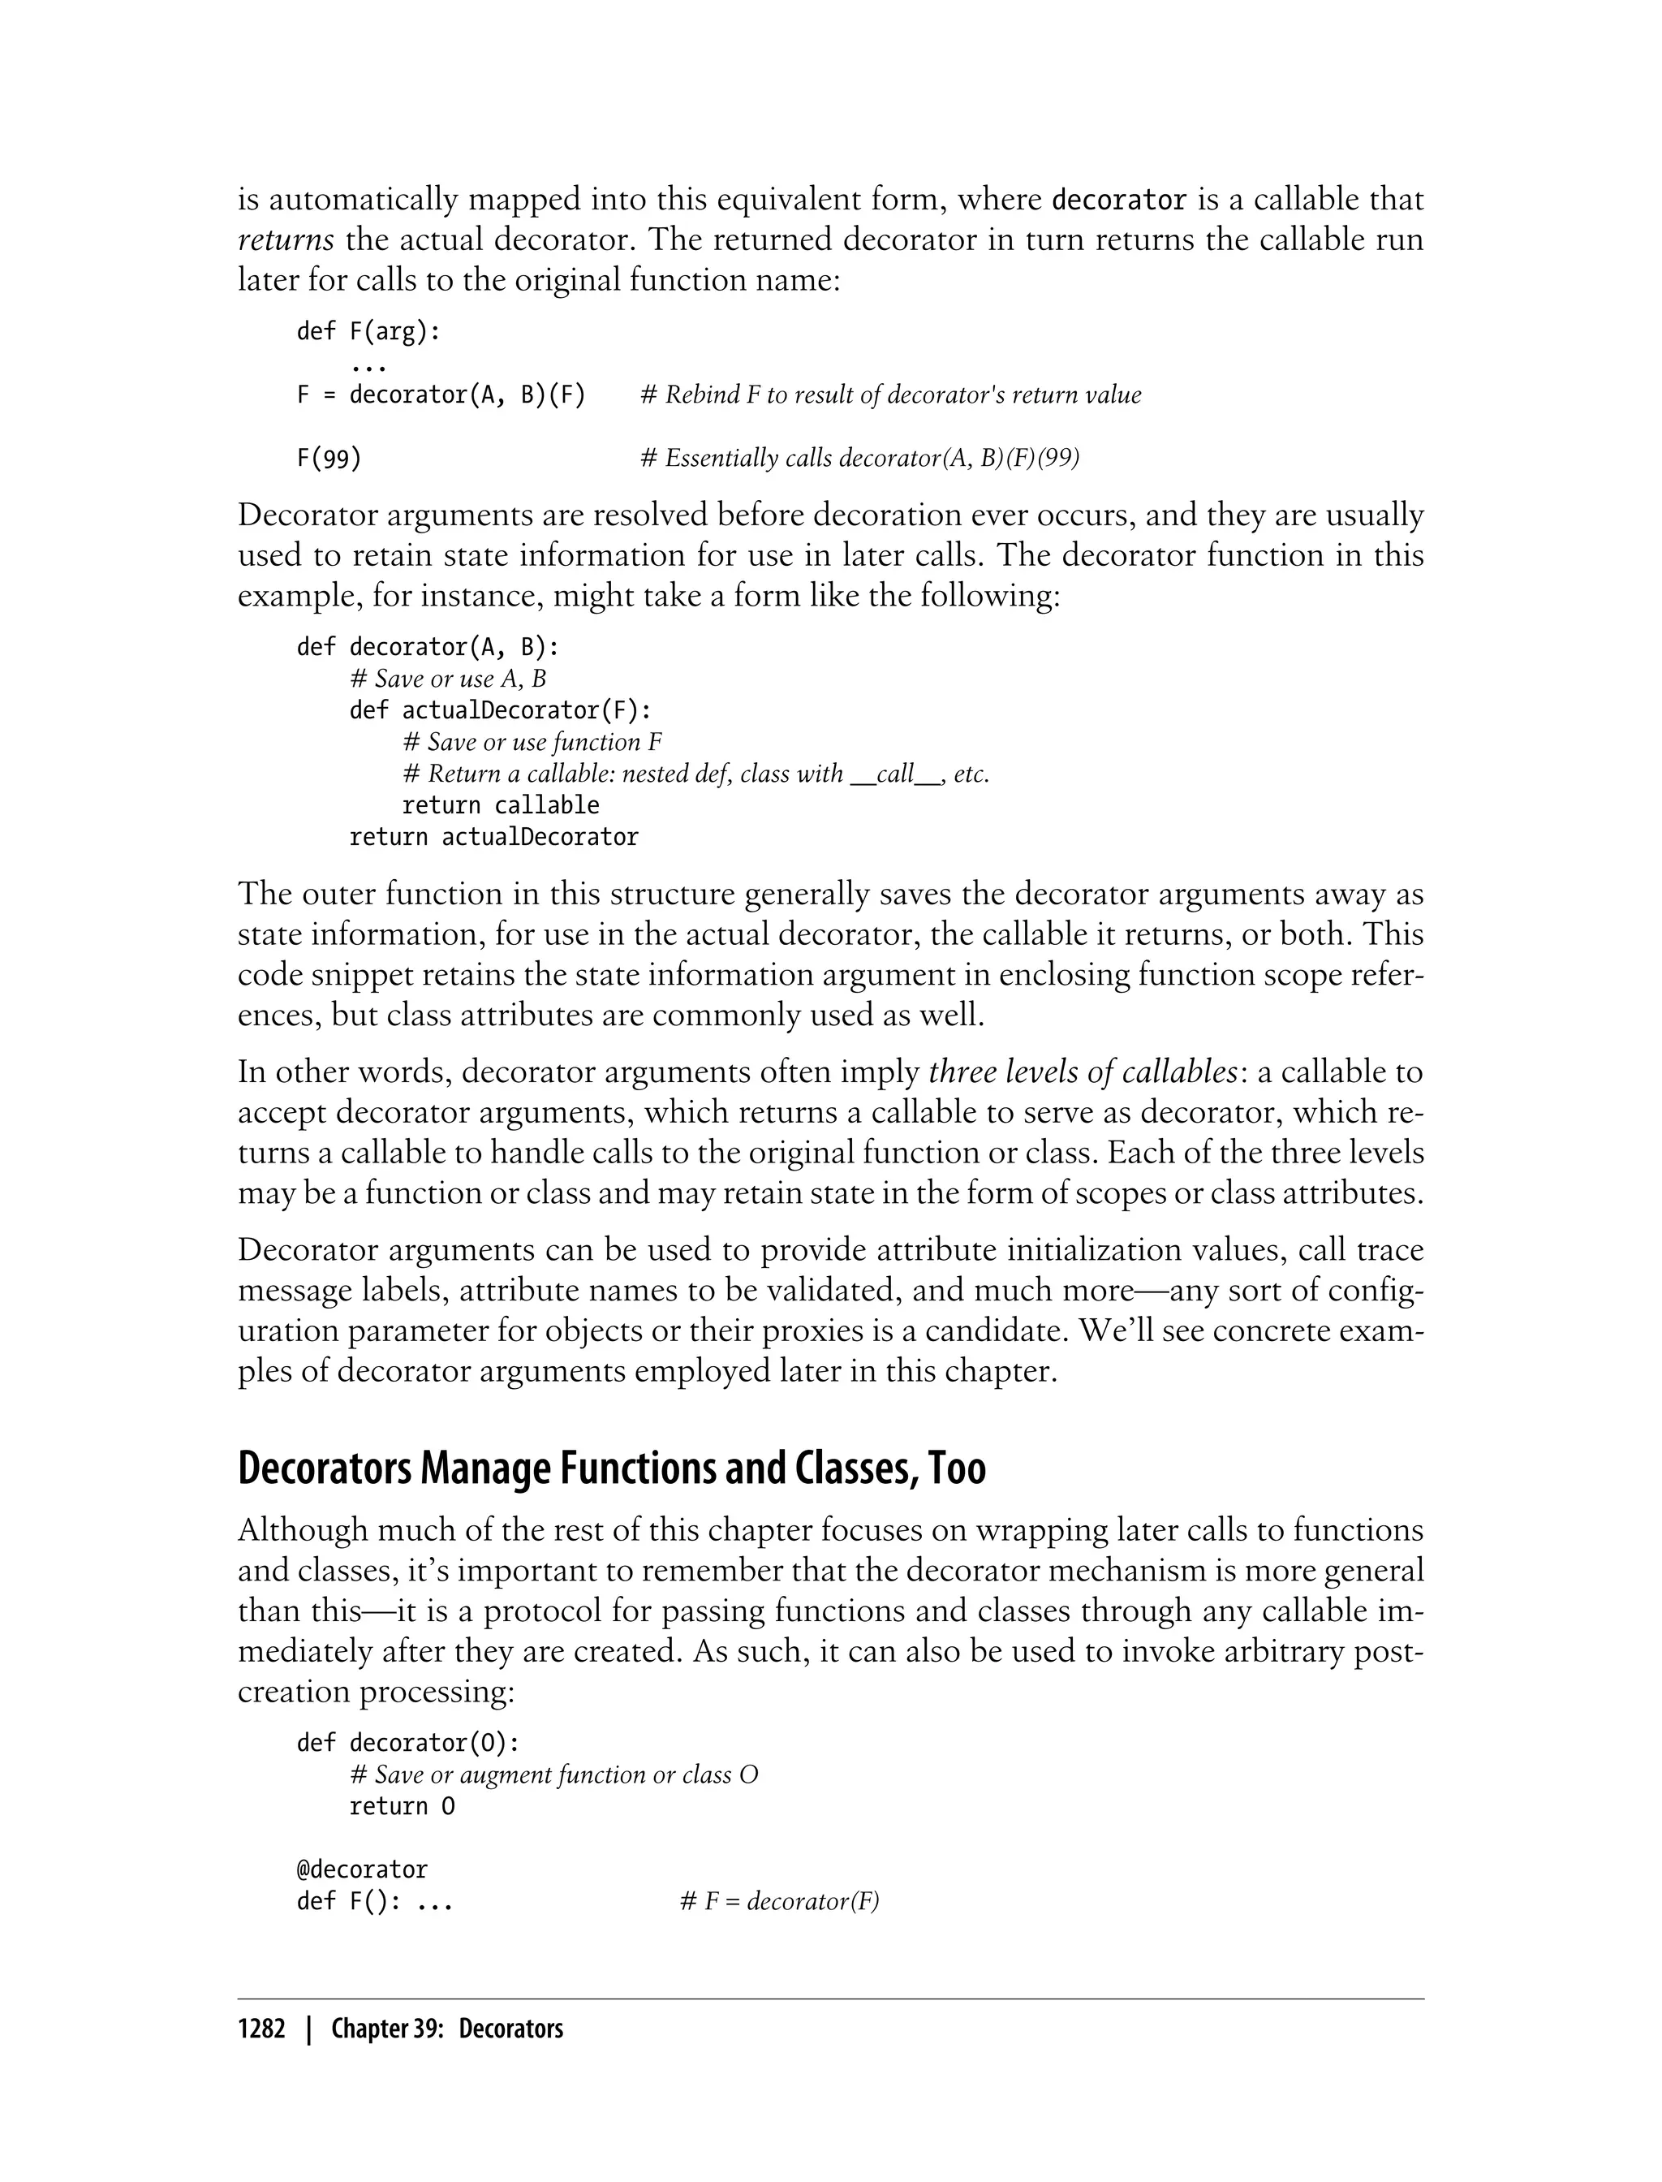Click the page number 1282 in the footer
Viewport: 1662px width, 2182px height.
(261, 2029)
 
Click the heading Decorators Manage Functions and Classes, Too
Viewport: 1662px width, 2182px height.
(611, 1468)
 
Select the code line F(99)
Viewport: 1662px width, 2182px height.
(329, 458)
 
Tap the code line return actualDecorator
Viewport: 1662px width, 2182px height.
(493, 837)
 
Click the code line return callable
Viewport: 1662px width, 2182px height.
(501, 805)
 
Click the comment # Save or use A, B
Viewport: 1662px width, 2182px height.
(448, 679)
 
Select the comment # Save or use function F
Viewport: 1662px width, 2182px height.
(532, 742)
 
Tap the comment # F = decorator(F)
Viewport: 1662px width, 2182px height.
(780, 1902)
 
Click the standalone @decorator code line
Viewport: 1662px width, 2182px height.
(362, 1870)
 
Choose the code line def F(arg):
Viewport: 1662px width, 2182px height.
(368, 331)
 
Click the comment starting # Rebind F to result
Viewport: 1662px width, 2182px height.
(890, 395)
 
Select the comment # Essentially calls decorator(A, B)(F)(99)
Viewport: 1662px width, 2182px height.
(859, 458)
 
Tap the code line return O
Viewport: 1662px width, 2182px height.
(402, 1807)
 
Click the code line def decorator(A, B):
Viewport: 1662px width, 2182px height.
(428, 647)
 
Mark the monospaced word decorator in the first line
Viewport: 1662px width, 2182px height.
(1118, 200)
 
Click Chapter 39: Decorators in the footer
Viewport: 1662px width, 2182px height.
(447, 2029)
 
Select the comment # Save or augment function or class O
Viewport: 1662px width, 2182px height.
(554, 1775)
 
